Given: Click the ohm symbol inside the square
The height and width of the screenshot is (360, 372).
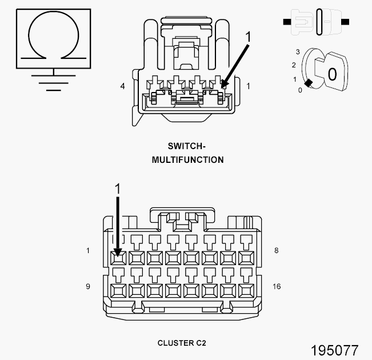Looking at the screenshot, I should click(x=54, y=35).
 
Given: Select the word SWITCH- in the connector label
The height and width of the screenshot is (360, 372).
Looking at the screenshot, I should click(x=187, y=146).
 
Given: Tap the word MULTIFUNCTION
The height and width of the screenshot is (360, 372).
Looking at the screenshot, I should click(x=187, y=160).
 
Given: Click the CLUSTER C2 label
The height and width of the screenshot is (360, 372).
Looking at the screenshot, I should click(x=181, y=343).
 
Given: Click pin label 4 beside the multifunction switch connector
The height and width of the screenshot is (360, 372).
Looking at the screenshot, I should click(x=122, y=86).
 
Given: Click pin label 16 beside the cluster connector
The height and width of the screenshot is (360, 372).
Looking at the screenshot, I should click(x=277, y=286).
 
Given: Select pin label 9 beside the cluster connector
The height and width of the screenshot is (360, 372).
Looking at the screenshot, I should click(x=88, y=286).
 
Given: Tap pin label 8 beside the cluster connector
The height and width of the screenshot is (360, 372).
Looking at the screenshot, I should click(x=277, y=250).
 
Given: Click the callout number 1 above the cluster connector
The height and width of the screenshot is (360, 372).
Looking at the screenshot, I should click(x=118, y=189).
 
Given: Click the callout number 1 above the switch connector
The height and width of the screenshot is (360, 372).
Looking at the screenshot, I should click(x=248, y=38).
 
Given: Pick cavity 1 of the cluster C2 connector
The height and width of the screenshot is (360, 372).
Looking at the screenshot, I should click(x=118, y=257).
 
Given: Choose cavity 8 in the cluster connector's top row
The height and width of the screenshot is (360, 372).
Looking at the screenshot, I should click(x=247, y=257).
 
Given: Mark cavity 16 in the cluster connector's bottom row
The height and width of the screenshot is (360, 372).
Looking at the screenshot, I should click(x=247, y=290).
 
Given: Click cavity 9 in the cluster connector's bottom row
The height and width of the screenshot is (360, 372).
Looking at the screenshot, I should click(x=118, y=290).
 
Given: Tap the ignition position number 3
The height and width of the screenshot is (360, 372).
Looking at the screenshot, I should click(x=298, y=52).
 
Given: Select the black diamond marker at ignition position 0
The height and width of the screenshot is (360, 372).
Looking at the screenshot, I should click(x=308, y=83).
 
